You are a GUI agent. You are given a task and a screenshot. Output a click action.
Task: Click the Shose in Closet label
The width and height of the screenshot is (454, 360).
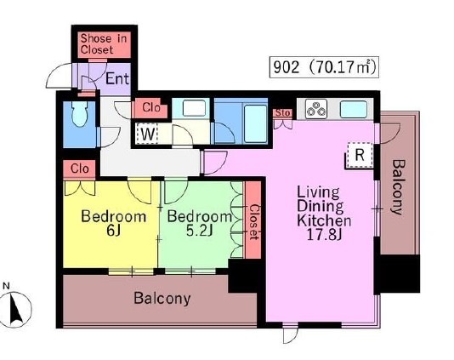pos(104,44)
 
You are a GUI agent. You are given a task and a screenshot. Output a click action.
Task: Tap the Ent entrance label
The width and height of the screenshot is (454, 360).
pos(117,78)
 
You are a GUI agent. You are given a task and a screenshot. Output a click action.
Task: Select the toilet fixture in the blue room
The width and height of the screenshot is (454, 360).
pos(80,114)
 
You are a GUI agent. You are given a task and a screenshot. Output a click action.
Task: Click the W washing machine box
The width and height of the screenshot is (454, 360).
pos(147,134)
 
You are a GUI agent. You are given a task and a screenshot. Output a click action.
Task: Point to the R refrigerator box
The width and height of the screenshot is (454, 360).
pos(360,155)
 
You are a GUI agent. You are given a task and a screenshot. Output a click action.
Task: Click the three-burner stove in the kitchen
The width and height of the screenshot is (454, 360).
pos(316,109)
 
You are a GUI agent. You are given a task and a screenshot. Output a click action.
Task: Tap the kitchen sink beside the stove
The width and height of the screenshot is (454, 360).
pos(353,109)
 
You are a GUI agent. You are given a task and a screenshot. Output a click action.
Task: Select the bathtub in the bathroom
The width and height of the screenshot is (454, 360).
pos(255,123)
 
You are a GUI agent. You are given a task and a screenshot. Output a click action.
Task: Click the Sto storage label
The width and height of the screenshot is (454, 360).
pos(282,112)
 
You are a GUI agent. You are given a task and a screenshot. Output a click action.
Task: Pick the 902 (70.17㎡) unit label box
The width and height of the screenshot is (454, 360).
pos(324,67)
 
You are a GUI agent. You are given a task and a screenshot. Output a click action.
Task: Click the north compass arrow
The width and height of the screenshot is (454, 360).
pos(16,309)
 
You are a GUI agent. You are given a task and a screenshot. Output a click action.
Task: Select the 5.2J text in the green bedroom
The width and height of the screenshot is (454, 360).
pos(200,231)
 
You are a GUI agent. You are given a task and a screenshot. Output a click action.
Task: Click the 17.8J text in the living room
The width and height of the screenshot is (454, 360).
pos(324,235)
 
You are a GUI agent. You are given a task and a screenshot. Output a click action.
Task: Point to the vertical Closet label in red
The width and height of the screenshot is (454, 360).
pos(253,222)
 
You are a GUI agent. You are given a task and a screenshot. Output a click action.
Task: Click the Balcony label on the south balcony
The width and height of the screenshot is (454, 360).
pos(162,298)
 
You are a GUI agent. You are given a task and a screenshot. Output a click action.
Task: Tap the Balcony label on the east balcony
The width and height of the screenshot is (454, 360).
pos(397,187)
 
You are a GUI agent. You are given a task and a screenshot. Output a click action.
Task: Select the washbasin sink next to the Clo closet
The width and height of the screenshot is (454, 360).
pos(194,108)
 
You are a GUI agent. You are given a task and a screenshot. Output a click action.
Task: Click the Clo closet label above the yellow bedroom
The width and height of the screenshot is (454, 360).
pos(79,169)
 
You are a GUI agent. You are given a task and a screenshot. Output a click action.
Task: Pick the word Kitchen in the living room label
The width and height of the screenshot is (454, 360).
pos(324,220)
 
